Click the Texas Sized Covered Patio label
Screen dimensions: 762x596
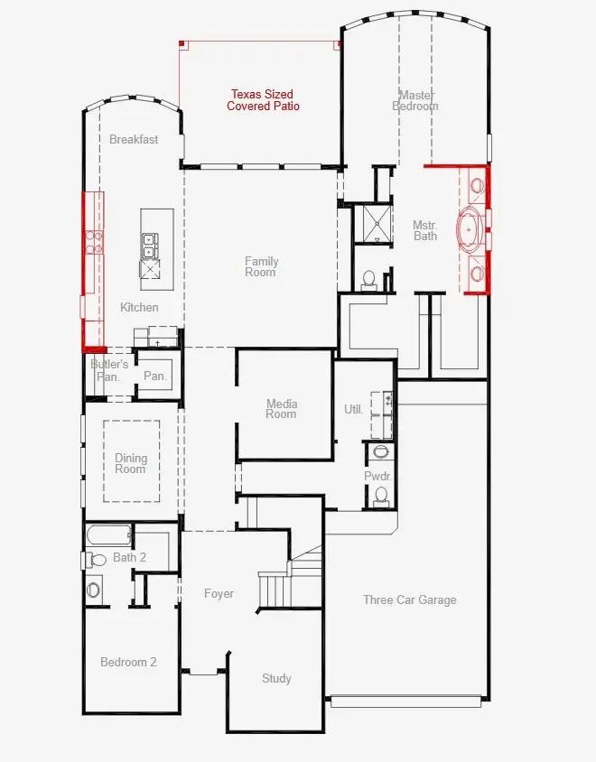[x=262, y=100]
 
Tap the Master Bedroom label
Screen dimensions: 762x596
[x=415, y=100]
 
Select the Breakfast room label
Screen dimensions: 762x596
[x=134, y=139]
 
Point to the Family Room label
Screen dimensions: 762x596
[x=261, y=266]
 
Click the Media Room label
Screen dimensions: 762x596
[x=281, y=409]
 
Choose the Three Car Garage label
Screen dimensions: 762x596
[x=409, y=599]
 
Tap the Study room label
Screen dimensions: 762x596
[x=276, y=678]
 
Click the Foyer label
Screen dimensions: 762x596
[x=219, y=593]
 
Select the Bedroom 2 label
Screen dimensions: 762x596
[x=128, y=662]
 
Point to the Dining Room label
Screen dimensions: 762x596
[x=130, y=463]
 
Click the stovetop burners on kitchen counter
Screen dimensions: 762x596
[x=93, y=240]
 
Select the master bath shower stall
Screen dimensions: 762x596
[x=372, y=225]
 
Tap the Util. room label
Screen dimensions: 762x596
[x=353, y=409]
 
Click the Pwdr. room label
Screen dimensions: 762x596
[x=377, y=475]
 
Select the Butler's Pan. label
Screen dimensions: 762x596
[x=108, y=370]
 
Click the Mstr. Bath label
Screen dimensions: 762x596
[x=425, y=230]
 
